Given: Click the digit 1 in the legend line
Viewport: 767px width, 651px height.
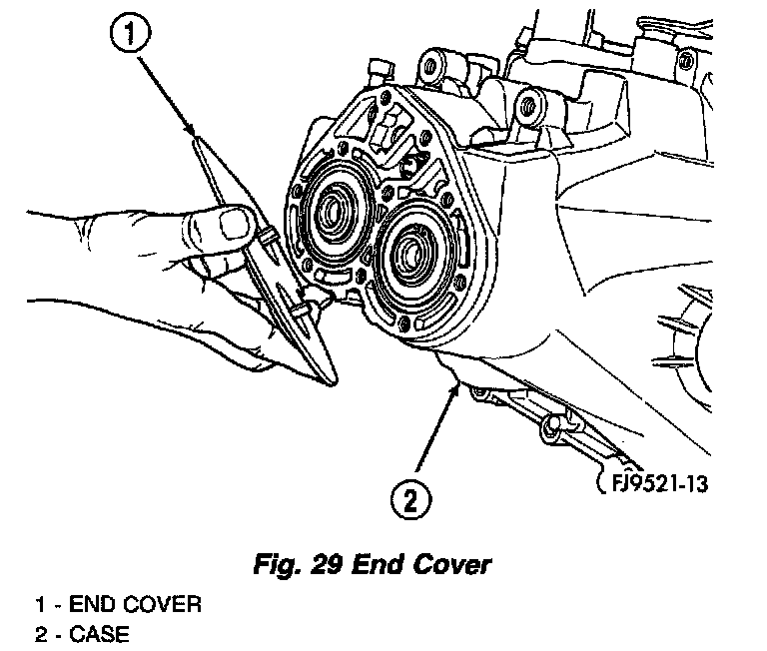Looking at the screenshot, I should (40, 604).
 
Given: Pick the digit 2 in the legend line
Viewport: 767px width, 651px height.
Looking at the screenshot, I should (40, 633).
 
